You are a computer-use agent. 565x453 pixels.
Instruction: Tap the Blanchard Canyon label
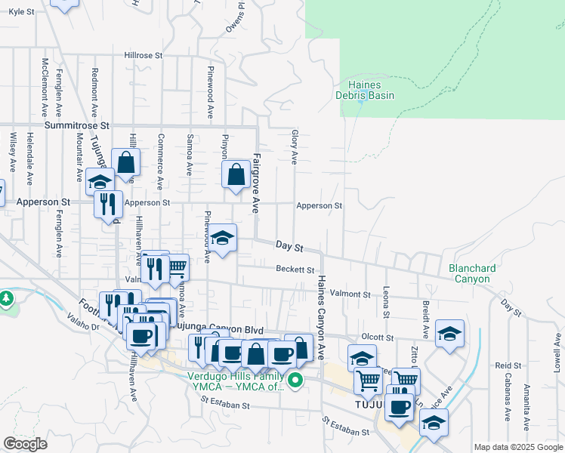pyautogui.click(x=472, y=273)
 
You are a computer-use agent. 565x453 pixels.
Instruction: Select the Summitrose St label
pyautogui.click(x=77, y=125)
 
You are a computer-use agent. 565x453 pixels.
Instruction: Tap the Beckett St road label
pyautogui.click(x=295, y=270)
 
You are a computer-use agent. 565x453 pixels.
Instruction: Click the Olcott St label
pyautogui.click(x=378, y=337)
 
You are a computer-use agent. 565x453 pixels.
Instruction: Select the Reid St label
pyautogui.click(x=508, y=365)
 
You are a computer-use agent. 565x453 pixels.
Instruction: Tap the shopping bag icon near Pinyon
pyautogui.click(x=236, y=174)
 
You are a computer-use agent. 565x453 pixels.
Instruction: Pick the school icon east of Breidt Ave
pyautogui.click(x=449, y=333)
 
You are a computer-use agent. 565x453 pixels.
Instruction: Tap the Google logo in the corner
pyautogui.click(x=25, y=444)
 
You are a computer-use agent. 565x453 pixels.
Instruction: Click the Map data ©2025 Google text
pyautogui.click(x=519, y=448)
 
